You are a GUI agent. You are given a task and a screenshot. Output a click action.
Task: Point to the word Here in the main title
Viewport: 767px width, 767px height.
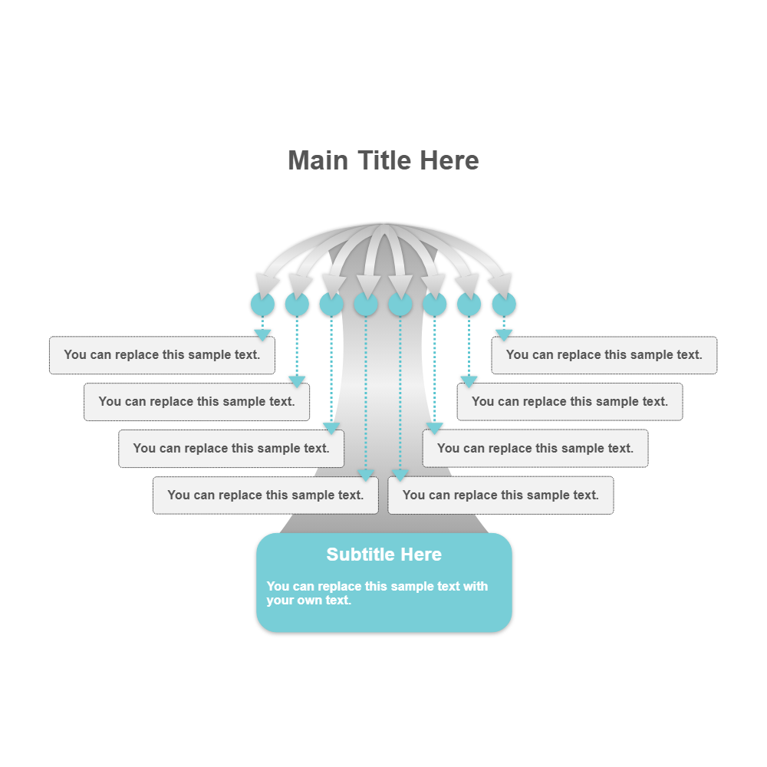point(449,161)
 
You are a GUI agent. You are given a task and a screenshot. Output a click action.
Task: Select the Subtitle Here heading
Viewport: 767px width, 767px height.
point(383,555)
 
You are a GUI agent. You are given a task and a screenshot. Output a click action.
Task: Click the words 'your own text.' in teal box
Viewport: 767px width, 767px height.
point(308,601)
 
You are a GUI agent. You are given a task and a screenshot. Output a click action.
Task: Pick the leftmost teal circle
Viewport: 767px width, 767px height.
point(262,304)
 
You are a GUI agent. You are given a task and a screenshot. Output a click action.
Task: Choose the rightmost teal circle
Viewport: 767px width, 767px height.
point(504,304)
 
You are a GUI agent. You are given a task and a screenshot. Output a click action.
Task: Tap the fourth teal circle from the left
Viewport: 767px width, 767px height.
point(366,304)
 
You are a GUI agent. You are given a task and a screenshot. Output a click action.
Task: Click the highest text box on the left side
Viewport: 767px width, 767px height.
point(162,355)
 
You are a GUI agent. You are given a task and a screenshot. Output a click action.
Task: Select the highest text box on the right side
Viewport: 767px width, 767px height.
point(604,355)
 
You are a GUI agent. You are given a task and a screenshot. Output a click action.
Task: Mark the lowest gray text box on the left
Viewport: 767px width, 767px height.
point(265,495)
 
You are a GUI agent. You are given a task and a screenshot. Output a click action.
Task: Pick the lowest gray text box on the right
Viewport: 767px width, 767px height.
point(501,495)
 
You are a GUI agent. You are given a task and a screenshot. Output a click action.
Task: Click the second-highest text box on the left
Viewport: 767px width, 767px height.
point(196,402)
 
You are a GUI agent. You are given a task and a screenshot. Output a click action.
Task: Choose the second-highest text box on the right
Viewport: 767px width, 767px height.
point(570,402)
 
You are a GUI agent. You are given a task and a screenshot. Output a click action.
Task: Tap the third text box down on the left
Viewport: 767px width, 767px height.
point(231,449)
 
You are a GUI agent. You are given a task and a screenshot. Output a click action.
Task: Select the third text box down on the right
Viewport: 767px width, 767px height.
point(535,449)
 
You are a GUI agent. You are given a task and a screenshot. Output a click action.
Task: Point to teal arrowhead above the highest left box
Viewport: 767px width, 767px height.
point(262,334)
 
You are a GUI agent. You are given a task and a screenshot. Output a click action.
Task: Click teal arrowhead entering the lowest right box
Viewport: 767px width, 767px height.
point(400,476)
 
